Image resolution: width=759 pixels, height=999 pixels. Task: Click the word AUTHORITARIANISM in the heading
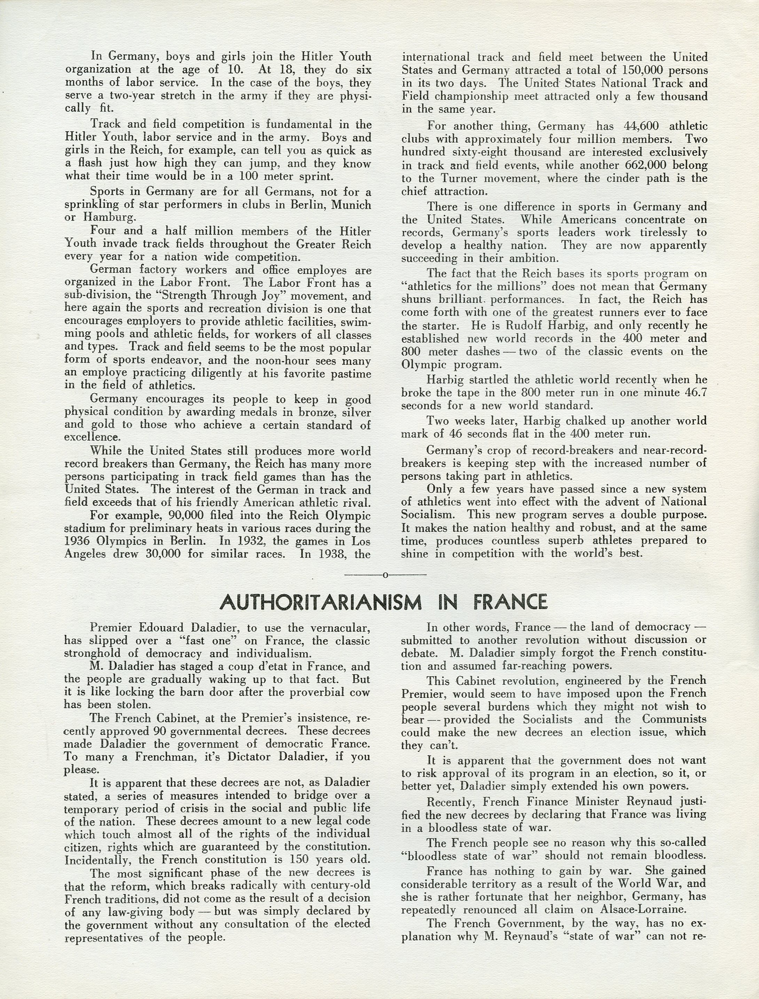[321, 602]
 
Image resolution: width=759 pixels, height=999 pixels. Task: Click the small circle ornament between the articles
[385, 575]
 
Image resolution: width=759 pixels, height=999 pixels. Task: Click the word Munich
[351, 205]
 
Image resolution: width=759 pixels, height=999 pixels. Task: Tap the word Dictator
[249, 756]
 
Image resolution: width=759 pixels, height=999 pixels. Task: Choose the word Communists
[674, 719]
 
